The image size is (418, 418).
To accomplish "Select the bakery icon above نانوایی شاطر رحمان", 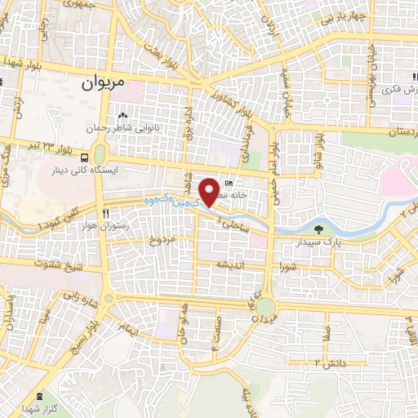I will click(x=122, y=114).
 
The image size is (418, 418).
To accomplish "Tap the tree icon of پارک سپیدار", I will click(x=318, y=229).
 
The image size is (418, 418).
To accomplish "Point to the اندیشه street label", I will click(x=230, y=265).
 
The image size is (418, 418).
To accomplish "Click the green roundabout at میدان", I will click(x=266, y=308).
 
